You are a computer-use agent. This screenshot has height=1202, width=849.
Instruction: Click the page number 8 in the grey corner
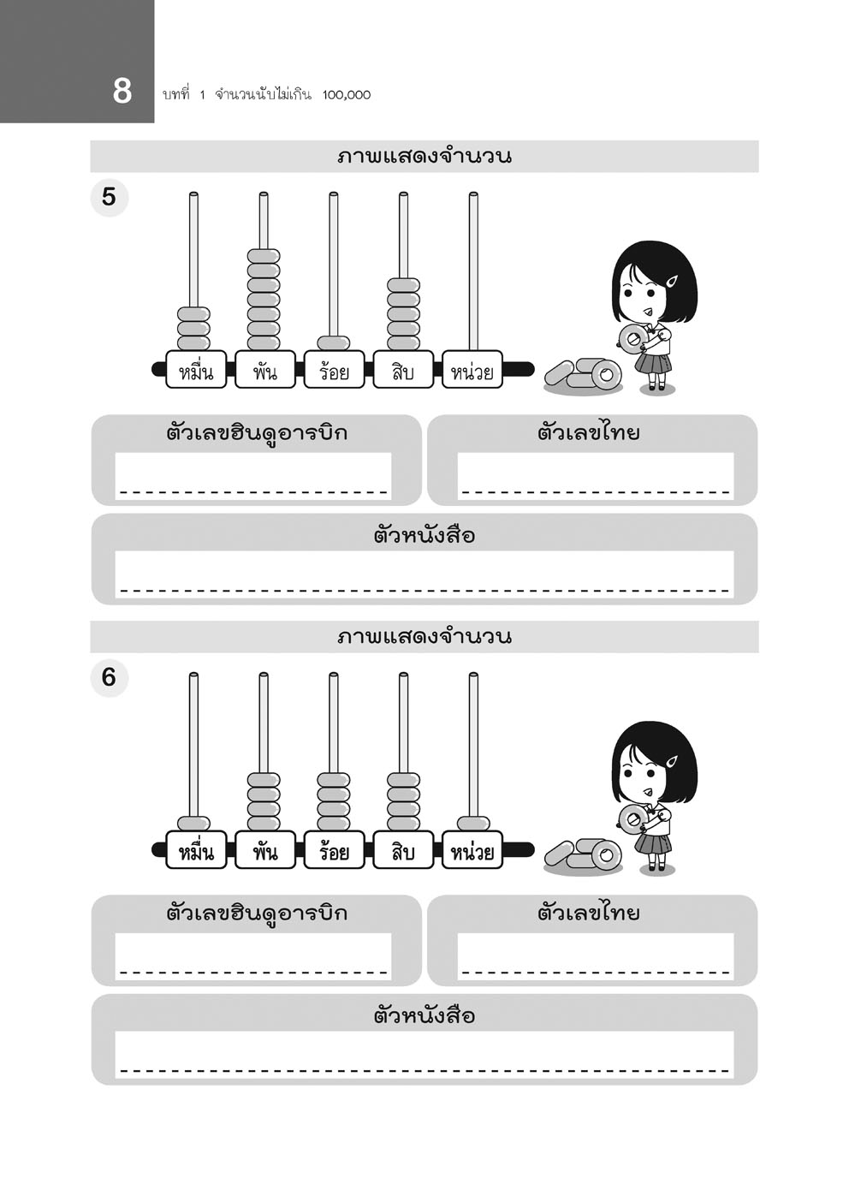point(122,91)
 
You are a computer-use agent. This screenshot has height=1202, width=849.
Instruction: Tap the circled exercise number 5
point(109,197)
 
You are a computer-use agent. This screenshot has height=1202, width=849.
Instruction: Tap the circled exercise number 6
point(109,677)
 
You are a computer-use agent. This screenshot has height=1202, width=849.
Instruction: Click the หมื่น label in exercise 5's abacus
point(196,371)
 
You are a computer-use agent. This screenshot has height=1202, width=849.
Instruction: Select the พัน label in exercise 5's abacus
point(264,371)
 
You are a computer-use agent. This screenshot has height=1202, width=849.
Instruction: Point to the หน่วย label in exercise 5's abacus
point(472,371)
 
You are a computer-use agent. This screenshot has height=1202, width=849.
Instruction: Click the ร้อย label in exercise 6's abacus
point(334,851)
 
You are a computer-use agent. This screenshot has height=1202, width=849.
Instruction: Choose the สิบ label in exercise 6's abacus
point(403,851)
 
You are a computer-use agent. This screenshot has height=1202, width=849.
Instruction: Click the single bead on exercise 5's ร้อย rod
point(333,342)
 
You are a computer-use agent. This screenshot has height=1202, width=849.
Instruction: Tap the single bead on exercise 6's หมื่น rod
point(193,824)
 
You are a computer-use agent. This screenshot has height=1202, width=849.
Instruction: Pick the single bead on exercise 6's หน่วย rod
point(473,824)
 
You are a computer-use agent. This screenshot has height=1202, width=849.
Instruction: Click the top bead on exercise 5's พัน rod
point(264,256)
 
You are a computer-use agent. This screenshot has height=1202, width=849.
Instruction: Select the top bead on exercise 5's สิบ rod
point(403,285)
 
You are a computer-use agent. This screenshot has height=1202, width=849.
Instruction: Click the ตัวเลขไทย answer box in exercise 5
point(595,475)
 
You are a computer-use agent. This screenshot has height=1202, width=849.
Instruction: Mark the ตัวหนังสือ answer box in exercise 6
point(424,1053)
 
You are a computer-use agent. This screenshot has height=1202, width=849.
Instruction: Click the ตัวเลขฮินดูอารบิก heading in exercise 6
point(257,913)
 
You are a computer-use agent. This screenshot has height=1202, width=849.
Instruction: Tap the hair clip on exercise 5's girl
point(672,281)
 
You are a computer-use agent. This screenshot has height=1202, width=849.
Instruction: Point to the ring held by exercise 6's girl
point(632,819)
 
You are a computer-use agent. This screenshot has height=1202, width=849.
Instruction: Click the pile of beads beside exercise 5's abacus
point(583,376)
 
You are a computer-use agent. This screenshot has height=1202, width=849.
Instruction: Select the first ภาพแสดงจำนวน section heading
point(424,157)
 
